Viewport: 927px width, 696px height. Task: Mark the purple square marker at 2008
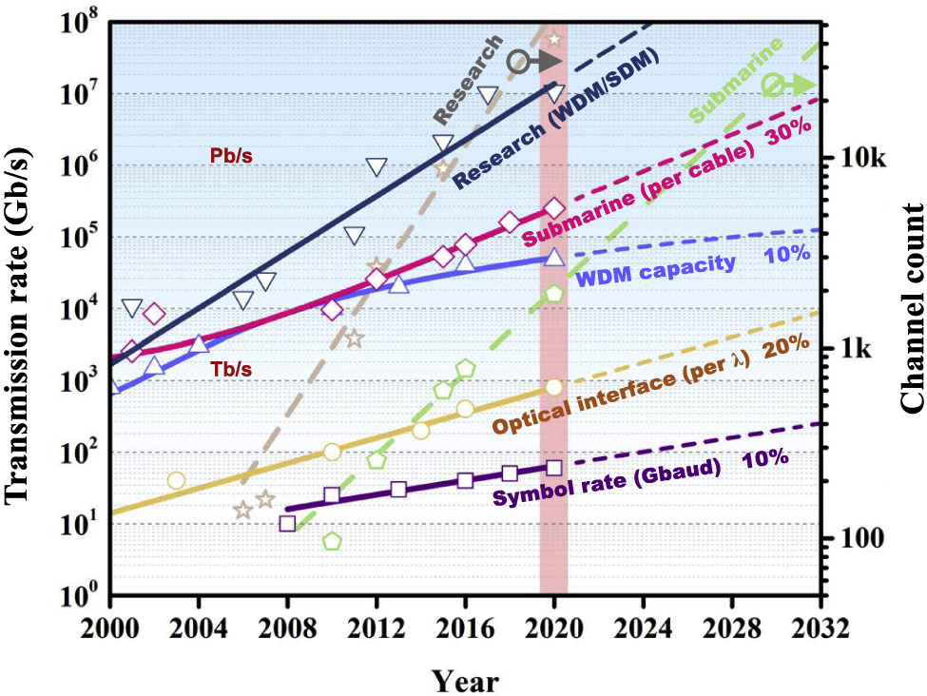click(x=288, y=523)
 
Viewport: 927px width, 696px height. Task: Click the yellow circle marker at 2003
click(x=176, y=480)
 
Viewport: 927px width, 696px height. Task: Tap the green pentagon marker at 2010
click(x=332, y=541)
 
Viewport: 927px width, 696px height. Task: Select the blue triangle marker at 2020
click(x=555, y=258)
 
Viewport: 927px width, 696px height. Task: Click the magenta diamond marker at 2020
click(x=555, y=208)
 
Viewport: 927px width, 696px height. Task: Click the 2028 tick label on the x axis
click(x=732, y=628)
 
